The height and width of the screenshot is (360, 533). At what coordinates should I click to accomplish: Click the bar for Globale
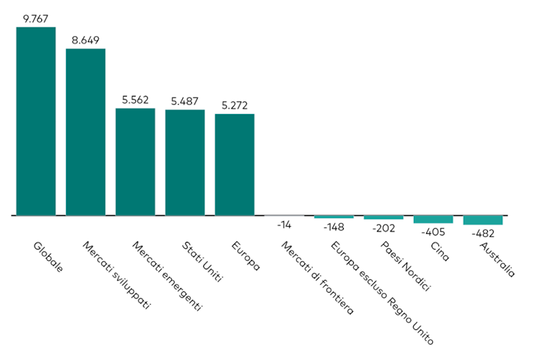(x=36, y=121)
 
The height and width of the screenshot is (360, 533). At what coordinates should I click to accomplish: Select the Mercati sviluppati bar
(x=85, y=132)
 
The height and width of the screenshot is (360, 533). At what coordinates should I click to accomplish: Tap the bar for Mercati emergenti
(x=135, y=162)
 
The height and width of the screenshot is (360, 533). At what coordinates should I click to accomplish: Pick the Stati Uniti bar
(x=185, y=163)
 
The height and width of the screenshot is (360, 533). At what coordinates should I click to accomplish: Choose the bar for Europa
(x=235, y=165)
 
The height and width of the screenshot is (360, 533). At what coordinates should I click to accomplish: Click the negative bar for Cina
(x=433, y=219)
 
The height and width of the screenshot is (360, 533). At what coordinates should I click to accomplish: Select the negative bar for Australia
(x=483, y=220)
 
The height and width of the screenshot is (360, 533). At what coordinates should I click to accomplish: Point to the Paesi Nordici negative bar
(x=383, y=217)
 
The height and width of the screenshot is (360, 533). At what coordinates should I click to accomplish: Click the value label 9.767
(x=36, y=18)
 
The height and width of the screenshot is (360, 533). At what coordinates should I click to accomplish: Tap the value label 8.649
(x=85, y=40)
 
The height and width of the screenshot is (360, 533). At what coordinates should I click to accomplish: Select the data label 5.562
(x=135, y=99)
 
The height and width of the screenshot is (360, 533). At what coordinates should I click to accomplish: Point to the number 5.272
(x=235, y=105)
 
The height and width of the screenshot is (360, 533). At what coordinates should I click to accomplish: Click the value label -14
(x=284, y=225)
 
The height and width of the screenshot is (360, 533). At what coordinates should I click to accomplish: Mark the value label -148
(x=334, y=227)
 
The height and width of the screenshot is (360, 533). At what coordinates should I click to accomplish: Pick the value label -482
(x=483, y=235)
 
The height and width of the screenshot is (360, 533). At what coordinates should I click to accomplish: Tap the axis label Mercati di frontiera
(x=316, y=278)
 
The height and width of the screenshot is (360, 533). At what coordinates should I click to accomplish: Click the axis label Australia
(x=498, y=259)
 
